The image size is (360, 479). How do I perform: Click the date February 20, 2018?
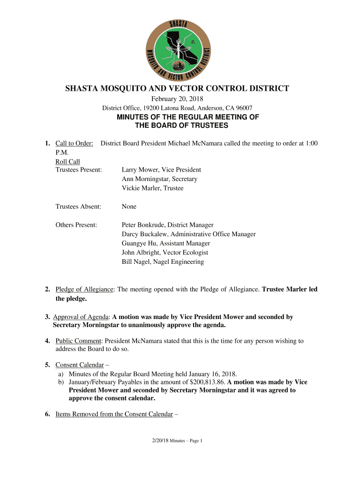tap(177, 99)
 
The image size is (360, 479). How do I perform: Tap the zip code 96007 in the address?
tap(243, 108)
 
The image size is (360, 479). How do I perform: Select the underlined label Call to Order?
tap(74, 143)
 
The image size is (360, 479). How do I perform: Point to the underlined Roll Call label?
tap(68, 162)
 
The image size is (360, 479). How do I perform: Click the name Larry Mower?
tap(140, 170)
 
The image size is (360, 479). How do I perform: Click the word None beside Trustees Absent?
tap(129, 206)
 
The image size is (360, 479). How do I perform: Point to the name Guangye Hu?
tap(139, 243)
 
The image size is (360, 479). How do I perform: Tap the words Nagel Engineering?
tap(182, 262)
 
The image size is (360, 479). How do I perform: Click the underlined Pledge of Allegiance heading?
tap(84, 290)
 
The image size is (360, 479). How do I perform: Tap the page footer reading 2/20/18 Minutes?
tap(173, 441)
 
